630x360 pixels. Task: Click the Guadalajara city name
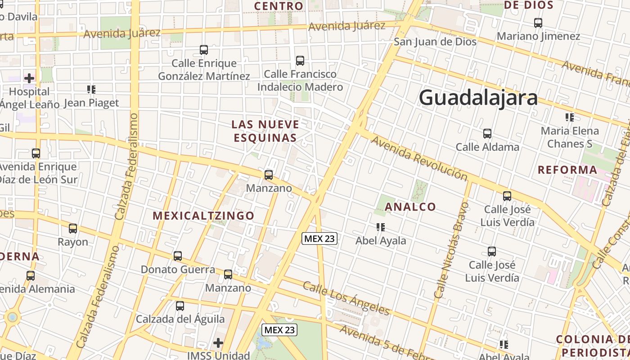[478, 98]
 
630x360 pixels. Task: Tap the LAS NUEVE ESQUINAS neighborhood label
[265, 131]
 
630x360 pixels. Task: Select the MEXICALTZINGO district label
[204, 216]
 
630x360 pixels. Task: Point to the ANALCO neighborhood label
[410, 207]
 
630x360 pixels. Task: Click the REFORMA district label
[568, 170]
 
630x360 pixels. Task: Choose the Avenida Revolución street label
[419, 158]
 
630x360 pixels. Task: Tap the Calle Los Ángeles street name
[346, 298]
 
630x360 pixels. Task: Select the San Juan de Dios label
[435, 42]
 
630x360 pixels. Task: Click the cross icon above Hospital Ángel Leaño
[29, 78]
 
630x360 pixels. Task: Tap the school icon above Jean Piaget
[91, 90]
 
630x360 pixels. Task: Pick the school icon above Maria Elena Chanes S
[570, 117]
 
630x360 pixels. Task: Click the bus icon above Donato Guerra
[178, 256]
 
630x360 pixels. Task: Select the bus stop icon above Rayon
[73, 229]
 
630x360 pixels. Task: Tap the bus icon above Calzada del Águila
[180, 306]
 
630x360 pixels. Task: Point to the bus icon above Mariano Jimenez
[538, 22]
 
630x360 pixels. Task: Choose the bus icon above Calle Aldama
[487, 134]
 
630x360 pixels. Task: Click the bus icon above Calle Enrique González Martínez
[204, 50]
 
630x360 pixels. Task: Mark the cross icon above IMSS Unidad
[218, 343]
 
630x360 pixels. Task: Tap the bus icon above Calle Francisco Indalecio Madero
[300, 60]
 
